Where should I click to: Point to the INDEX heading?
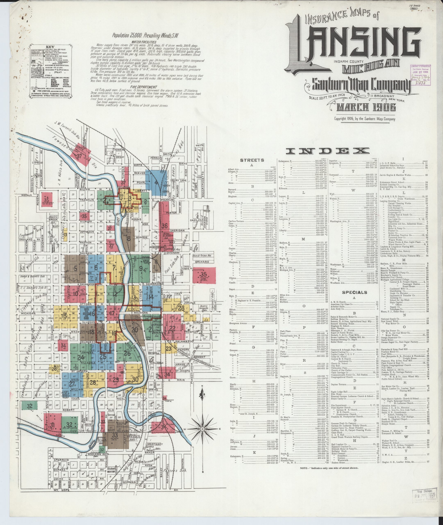pos(328,151)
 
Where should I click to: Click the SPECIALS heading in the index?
pos(354,292)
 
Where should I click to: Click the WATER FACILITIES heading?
pos(143,42)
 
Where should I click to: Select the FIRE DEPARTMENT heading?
pos(144,87)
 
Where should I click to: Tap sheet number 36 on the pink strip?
pos(164,226)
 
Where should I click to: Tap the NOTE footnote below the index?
pos(329,468)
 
